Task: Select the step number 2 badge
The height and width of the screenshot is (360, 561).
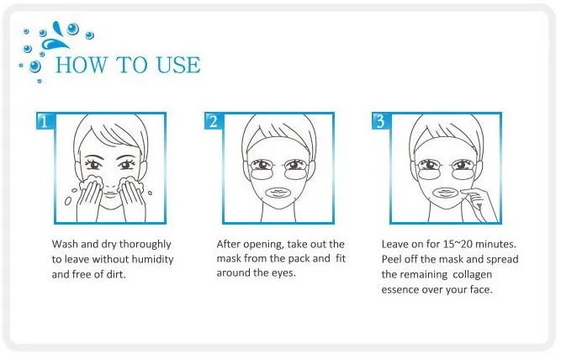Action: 213,122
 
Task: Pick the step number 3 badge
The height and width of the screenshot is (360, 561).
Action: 380,122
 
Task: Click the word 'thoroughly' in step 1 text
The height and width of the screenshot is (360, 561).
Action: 145,245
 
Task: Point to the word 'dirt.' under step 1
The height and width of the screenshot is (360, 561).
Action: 117,274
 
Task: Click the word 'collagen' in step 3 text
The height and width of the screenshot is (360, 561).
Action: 473,274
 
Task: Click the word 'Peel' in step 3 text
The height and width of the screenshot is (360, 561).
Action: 391,259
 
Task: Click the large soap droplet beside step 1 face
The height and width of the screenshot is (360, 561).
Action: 67,202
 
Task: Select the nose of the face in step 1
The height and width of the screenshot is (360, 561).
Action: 110,179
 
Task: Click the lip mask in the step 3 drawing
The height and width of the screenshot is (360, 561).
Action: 448,193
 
